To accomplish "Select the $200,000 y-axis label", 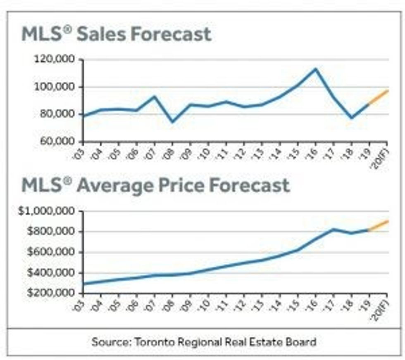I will [49, 293].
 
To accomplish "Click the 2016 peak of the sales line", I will [316, 69].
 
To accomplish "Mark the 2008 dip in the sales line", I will [172, 122].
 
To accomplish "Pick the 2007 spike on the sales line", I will [155, 97].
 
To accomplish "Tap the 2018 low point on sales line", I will [351, 118].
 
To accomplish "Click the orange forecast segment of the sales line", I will [378, 97].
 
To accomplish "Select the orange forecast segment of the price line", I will [378, 225].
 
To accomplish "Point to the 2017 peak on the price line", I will [334, 230].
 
